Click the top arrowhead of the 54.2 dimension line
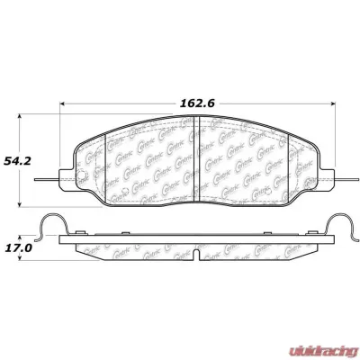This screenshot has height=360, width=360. [x=20, y=117]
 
